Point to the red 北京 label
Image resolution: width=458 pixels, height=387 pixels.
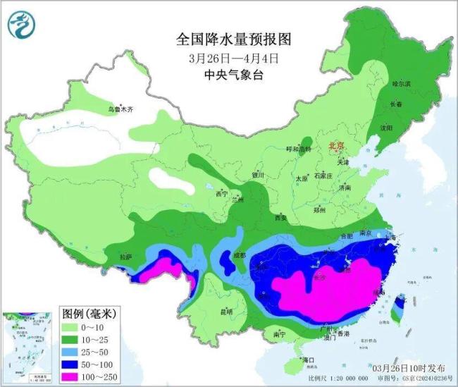click(335, 146)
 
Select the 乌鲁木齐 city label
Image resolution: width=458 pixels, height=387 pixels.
click(120, 109)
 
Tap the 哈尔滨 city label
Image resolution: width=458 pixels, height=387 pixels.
click(400, 84)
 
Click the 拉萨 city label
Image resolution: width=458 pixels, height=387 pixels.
click(125, 257)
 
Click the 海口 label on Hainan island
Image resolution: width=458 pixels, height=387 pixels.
click(307, 360)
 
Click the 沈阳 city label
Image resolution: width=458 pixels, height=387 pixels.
click(385, 128)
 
